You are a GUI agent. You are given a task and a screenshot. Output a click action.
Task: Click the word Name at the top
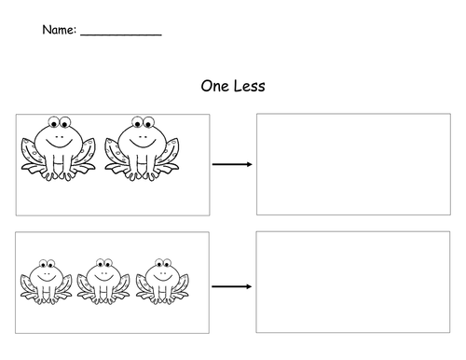pos(58,31)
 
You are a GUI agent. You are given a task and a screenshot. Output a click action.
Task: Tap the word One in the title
pos(215,87)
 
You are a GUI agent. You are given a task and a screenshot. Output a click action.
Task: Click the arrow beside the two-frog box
pos(232,165)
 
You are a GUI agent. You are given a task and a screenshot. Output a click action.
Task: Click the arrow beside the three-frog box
pos(232,284)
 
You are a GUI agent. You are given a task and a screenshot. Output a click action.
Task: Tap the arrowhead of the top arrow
pos(249,165)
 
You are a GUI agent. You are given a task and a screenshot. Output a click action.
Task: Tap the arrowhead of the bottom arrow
pos(249,284)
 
